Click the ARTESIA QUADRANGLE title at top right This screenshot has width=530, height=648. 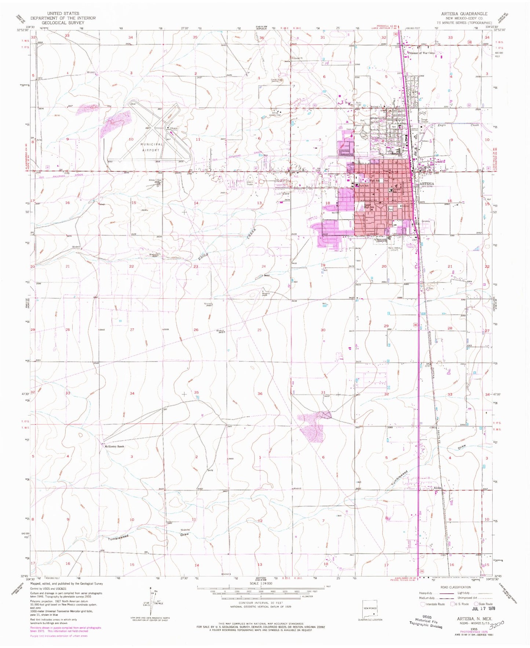(x=467, y=14)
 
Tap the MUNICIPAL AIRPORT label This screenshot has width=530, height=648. (x=151, y=147)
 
